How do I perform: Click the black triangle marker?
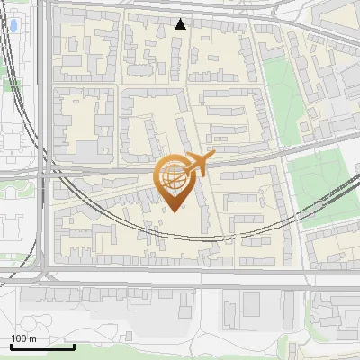tap(181, 24)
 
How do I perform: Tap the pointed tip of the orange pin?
tap(174, 211)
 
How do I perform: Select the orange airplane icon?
tap(196, 165)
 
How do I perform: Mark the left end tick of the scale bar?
tap(11, 346)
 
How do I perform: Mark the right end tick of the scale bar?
tap(75, 346)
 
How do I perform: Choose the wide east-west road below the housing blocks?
tap(180, 279)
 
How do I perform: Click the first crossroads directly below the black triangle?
tap(184, 83)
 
